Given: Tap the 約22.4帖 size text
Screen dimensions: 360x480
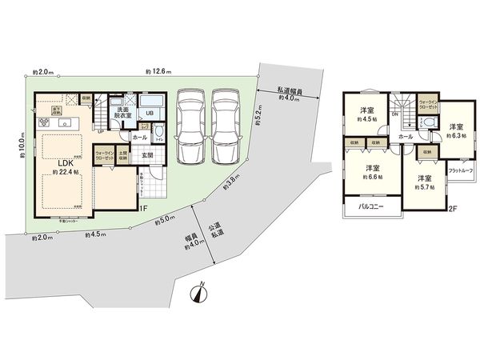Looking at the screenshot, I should (62, 171).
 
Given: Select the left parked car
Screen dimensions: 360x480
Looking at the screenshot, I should (191, 125).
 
